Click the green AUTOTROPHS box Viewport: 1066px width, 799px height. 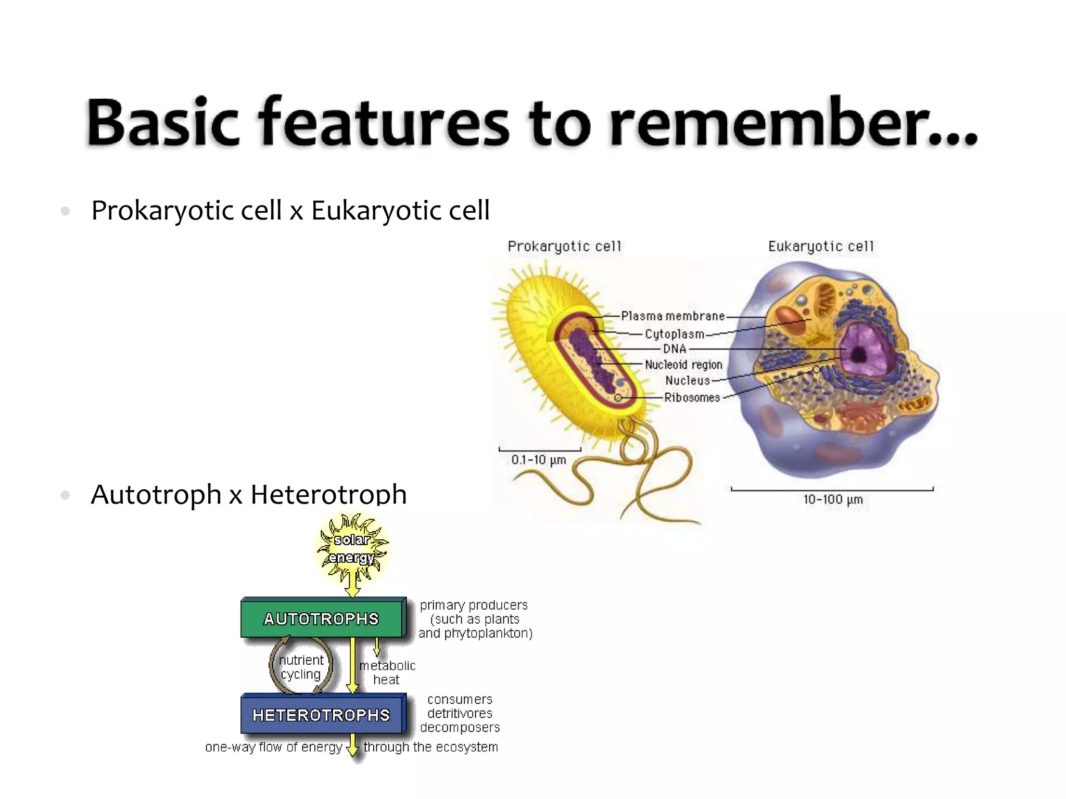tap(322, 618)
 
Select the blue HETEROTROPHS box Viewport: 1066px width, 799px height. tap(322, 715)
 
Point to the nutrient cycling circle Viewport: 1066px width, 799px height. tap(301, 667)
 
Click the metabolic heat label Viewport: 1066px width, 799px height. tap(387, 673)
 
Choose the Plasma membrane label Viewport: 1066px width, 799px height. tap(672, 316)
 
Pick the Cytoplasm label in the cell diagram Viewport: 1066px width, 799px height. tap(674, 334)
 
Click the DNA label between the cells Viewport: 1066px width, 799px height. tap(675, 349)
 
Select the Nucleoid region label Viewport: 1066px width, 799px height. tap(683, 365)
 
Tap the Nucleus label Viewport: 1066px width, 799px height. tap(687, 381)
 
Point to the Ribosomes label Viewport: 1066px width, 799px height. tap(692, 397)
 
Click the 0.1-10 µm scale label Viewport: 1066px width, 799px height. tap(538, 460)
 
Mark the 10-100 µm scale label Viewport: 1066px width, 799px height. tap(833, 500)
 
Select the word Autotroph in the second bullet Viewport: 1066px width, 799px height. tap(156, 494)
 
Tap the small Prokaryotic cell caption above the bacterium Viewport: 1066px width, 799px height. tap(564, 246)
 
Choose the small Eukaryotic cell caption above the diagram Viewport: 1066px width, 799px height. tap(821, 246)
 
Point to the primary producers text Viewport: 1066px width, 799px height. tap(474, 605)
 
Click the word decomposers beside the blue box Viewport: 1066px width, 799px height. tap(460, 728)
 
